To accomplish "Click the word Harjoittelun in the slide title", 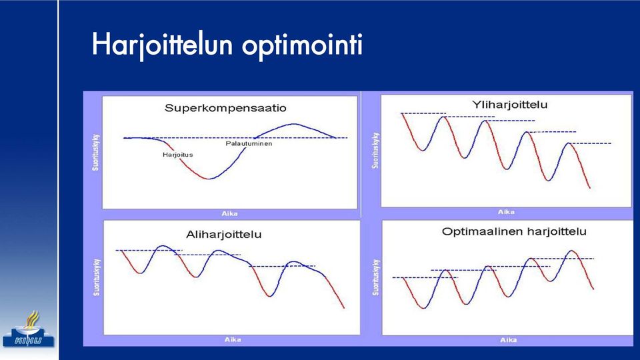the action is pos(163,45).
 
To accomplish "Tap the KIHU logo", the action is pos(29,329).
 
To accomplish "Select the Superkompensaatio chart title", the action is pos(225,109).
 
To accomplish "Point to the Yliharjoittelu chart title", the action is pos(510,105).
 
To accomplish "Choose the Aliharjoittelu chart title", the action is pos(224,235).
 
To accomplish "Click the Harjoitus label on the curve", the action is pos(177,155).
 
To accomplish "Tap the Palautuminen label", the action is pos(249,144).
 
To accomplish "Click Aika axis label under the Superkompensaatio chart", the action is pos(230,213).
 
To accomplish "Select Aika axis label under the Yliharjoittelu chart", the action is pos(506,212).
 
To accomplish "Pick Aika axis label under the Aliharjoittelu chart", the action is pos(233,339).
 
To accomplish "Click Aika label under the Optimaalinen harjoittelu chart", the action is pos(509,339).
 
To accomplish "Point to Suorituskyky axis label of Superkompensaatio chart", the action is pos(95,152).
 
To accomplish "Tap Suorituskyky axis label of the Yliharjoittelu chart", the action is pos(375,150).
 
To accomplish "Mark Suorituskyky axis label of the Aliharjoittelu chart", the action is pos(96,277).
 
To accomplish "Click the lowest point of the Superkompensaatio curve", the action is pos(209,179).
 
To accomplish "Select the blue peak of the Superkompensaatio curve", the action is pos(294,124).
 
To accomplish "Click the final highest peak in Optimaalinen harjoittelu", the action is pos(572,251).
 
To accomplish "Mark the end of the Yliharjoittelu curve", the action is pos(590,188).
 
